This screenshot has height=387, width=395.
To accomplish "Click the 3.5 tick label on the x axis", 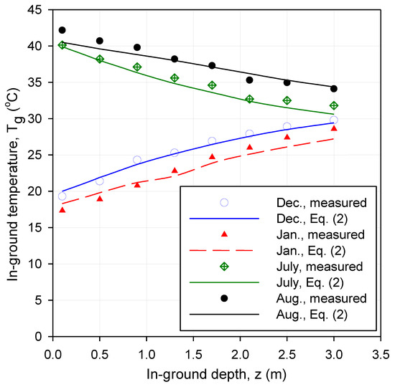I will pos(381,354).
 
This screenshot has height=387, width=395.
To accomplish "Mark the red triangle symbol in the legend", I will pos(223,234).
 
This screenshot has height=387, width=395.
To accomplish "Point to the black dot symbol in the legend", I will pos(223,297).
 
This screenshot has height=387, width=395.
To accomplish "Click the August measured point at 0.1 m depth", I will pos(62,30).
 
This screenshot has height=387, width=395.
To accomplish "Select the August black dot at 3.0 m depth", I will pos(334,89).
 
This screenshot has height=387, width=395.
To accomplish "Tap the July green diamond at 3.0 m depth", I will pos(334,105).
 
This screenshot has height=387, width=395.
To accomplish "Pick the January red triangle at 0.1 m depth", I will pos(62,210).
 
